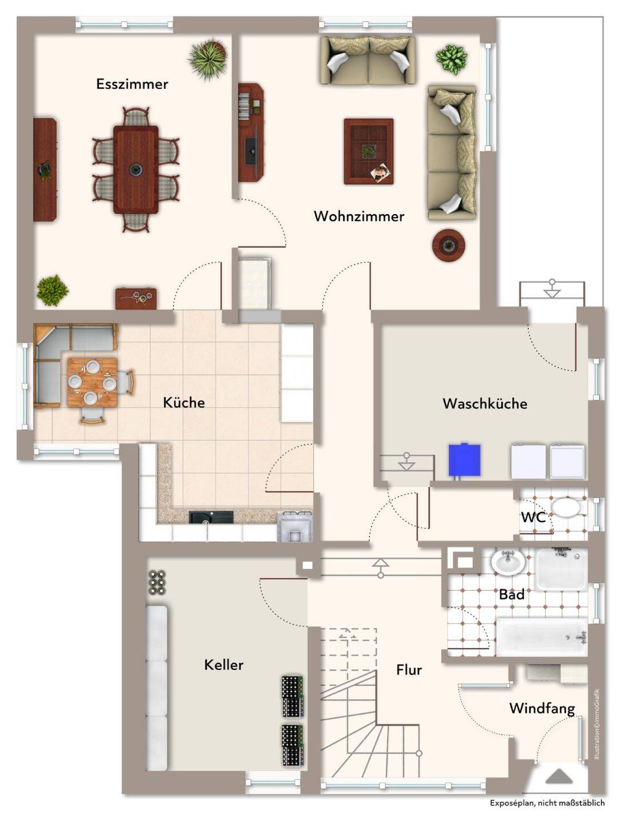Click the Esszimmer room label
coord(132,84)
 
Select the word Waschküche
coord(485,403)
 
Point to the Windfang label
coord(542,708)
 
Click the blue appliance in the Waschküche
coord(465,459)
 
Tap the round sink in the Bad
coord(508,562)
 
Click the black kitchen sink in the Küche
coord(211,517)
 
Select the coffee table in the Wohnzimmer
coord(369,151)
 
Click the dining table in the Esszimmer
coord(136,170)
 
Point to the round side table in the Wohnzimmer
coord(449,245)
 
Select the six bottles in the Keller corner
coord(157,583)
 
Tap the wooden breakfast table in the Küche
coord(92,382)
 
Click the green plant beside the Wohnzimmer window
coord(451,60)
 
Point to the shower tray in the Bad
coord(560,569)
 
